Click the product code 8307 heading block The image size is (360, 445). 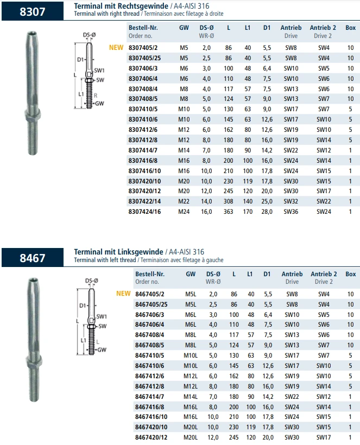click(x=32, y=11)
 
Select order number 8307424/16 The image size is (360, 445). click(x=144, y=212)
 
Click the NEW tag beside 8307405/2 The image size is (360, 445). click(x=116, y=48)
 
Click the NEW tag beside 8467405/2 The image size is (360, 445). click(x=124, y=294)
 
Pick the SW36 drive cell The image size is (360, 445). click(x=291, y=212)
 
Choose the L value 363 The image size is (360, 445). click(x=228, y=212)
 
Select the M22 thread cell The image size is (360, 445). click(x=184, y=201)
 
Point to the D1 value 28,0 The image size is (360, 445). click(x=267, y=212)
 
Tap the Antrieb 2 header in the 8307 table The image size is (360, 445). click(x=323, y=27)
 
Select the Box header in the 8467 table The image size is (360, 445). click(x=351, y=275)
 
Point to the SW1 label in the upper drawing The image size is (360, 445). click(x=99, y=71)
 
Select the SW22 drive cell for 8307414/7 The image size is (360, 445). click(x=291, y=150)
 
